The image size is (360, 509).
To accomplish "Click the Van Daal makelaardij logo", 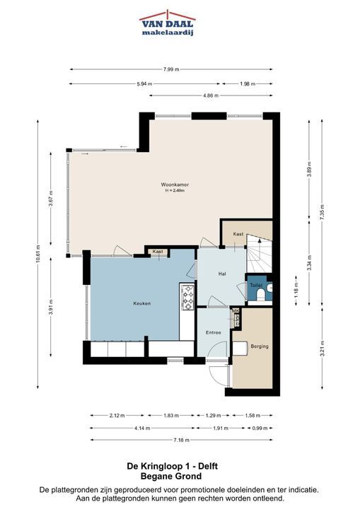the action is pos(168,23).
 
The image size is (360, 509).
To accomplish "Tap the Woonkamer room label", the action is pos(175,185).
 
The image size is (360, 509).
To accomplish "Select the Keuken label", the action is pos(142,303).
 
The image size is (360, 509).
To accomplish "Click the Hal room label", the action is pos(222,274).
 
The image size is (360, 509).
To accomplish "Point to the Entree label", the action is pos(213,333).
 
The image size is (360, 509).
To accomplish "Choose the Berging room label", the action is pos(260,346).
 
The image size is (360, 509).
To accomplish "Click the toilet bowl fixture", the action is pos(260,294).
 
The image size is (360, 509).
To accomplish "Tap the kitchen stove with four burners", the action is pos(188,297).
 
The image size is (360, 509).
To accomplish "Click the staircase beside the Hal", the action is pos(259,253).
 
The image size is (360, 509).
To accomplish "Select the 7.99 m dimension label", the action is pos(171,69).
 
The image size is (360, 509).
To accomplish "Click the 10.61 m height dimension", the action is pos(38,255).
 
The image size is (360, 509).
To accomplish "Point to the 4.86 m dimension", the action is pos(211,95).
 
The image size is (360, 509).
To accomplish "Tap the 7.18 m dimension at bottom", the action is pos(181,440).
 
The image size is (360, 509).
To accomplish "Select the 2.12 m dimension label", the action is pos(117,415).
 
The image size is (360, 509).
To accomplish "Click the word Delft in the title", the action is pos(208,467).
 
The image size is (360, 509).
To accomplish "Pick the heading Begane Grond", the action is pos(171,476).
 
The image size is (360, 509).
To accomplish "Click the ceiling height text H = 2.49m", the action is pos(175,191).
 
